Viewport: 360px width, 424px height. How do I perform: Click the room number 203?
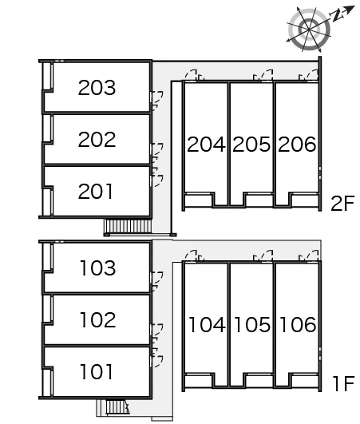point(97,87)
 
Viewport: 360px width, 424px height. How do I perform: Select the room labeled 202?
point(97,139)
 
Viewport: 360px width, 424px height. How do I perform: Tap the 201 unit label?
point(95,191)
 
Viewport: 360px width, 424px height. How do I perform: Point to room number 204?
point(206,144)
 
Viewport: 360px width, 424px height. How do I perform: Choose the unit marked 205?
point(251,144)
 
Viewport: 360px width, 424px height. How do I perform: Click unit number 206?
point(297,144)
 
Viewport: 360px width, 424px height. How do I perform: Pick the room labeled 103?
point(98,267)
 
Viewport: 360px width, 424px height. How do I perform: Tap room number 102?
point(98,319)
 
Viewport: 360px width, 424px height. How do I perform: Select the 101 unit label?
point(97,371)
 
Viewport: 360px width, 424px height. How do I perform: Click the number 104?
point(207,324)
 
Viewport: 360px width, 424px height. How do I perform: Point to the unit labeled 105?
point(252,324)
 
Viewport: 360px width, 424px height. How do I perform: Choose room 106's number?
point(298,324)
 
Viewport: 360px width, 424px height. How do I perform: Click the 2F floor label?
point(342,204)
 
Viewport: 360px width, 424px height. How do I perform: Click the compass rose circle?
point(310,30)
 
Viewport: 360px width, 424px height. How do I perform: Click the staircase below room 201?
point(128,226)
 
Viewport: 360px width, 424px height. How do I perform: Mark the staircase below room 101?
point(117,407)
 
